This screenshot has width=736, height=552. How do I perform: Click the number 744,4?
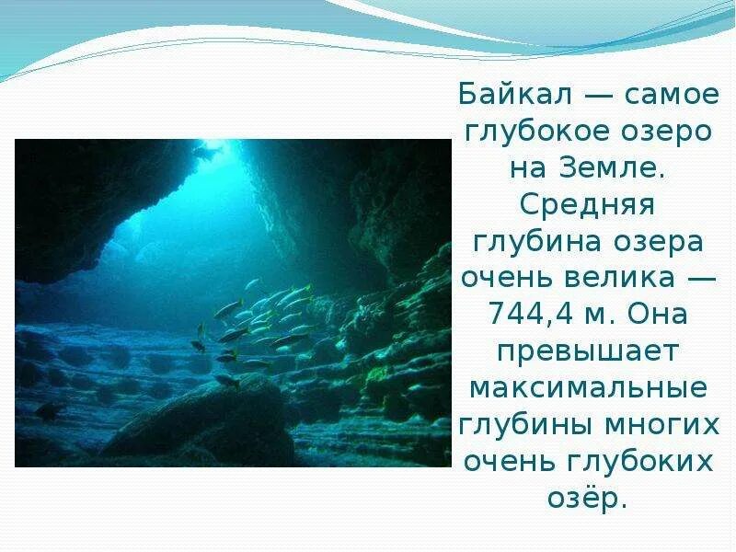[528, 316]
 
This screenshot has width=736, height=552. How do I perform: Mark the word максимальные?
[586, 389]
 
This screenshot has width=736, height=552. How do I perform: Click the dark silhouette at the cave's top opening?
[205, 151]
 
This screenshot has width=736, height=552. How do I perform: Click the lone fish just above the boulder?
[226, 379]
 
